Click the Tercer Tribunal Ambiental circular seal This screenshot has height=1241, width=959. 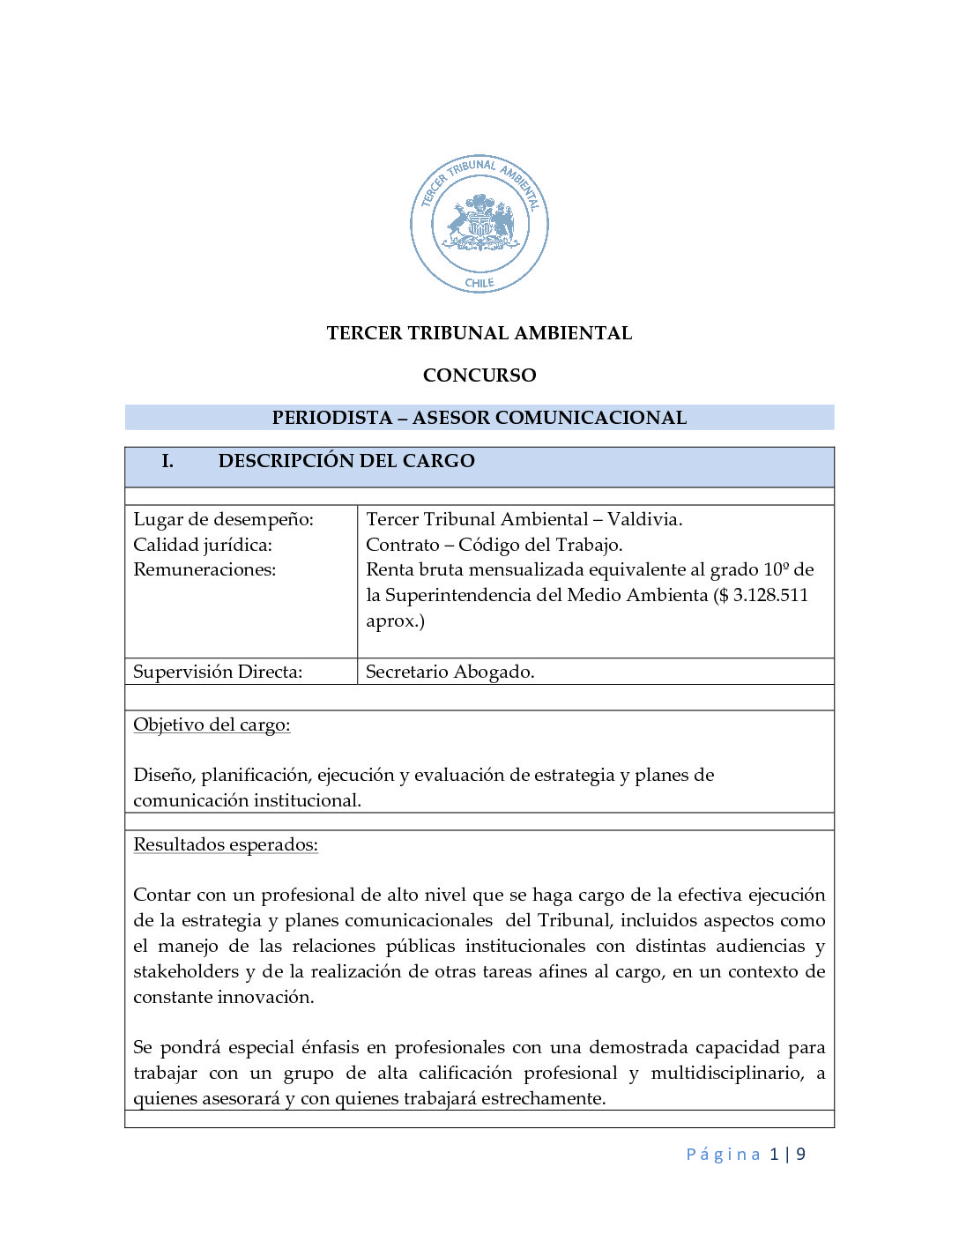[x=479, y=224]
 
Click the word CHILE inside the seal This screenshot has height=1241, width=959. [x=479, y=283]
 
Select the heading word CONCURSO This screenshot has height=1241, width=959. [x=479, y=375]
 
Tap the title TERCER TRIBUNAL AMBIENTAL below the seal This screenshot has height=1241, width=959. [x=479, y=333]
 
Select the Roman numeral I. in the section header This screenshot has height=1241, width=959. [x=167, y=461]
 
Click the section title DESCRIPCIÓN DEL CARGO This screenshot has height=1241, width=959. [x=346, y=461]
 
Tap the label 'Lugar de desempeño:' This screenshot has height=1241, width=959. [x=223, y=519]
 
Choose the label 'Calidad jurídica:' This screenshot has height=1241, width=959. [x=203, y=545]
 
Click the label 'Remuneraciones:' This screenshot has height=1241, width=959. [x=204, y=569]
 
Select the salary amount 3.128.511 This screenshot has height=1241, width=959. [x=770, y=595]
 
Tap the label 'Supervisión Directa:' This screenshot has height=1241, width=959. [x=218, y=672]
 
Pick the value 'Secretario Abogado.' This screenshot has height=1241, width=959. [x=450, y=672]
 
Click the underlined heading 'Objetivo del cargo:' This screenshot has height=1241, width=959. [x=212, y=725]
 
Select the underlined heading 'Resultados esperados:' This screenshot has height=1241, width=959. [x=226, y=844]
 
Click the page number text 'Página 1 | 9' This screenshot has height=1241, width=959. [x=746, y=1155]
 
